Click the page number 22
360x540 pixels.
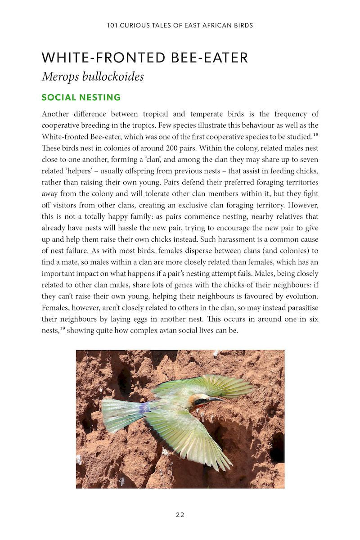[180, 515]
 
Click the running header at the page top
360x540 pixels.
[180, 25]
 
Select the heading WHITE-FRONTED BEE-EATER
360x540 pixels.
[144, 58]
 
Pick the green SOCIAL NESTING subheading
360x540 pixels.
[81, 97]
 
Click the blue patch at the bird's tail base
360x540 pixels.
[144, 408]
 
